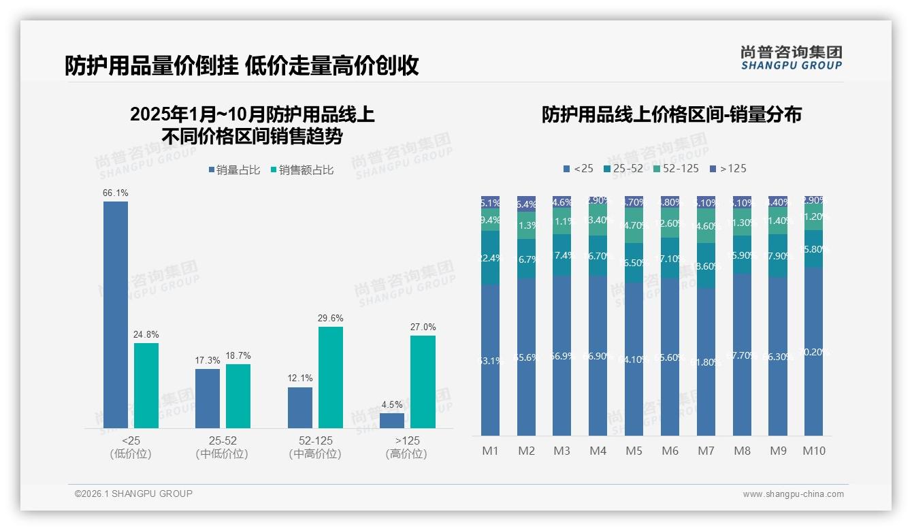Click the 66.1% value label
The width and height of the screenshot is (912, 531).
click(116, 193)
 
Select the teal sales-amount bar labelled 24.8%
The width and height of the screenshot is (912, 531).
click(146, 385)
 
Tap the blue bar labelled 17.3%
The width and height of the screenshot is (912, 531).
click(208, 398)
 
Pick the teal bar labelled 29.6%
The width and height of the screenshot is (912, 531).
click(331, 377)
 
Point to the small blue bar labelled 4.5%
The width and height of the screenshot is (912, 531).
click(392, 420)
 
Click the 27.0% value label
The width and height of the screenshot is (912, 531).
click(423, 327)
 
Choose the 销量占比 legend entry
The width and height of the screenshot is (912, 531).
click(234, 170)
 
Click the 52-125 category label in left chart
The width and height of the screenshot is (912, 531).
click(316, 440)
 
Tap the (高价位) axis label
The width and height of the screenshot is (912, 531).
click(406, 454)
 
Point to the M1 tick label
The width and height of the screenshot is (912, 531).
click(491, 451)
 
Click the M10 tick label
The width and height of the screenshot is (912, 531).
click(814, 451)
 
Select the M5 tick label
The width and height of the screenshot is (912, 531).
click(634, 451)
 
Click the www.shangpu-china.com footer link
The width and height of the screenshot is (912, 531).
click(793, 494)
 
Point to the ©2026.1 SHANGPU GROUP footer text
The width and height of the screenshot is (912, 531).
click(133, 494)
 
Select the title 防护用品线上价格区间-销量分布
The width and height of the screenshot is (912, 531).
click(671, 114)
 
